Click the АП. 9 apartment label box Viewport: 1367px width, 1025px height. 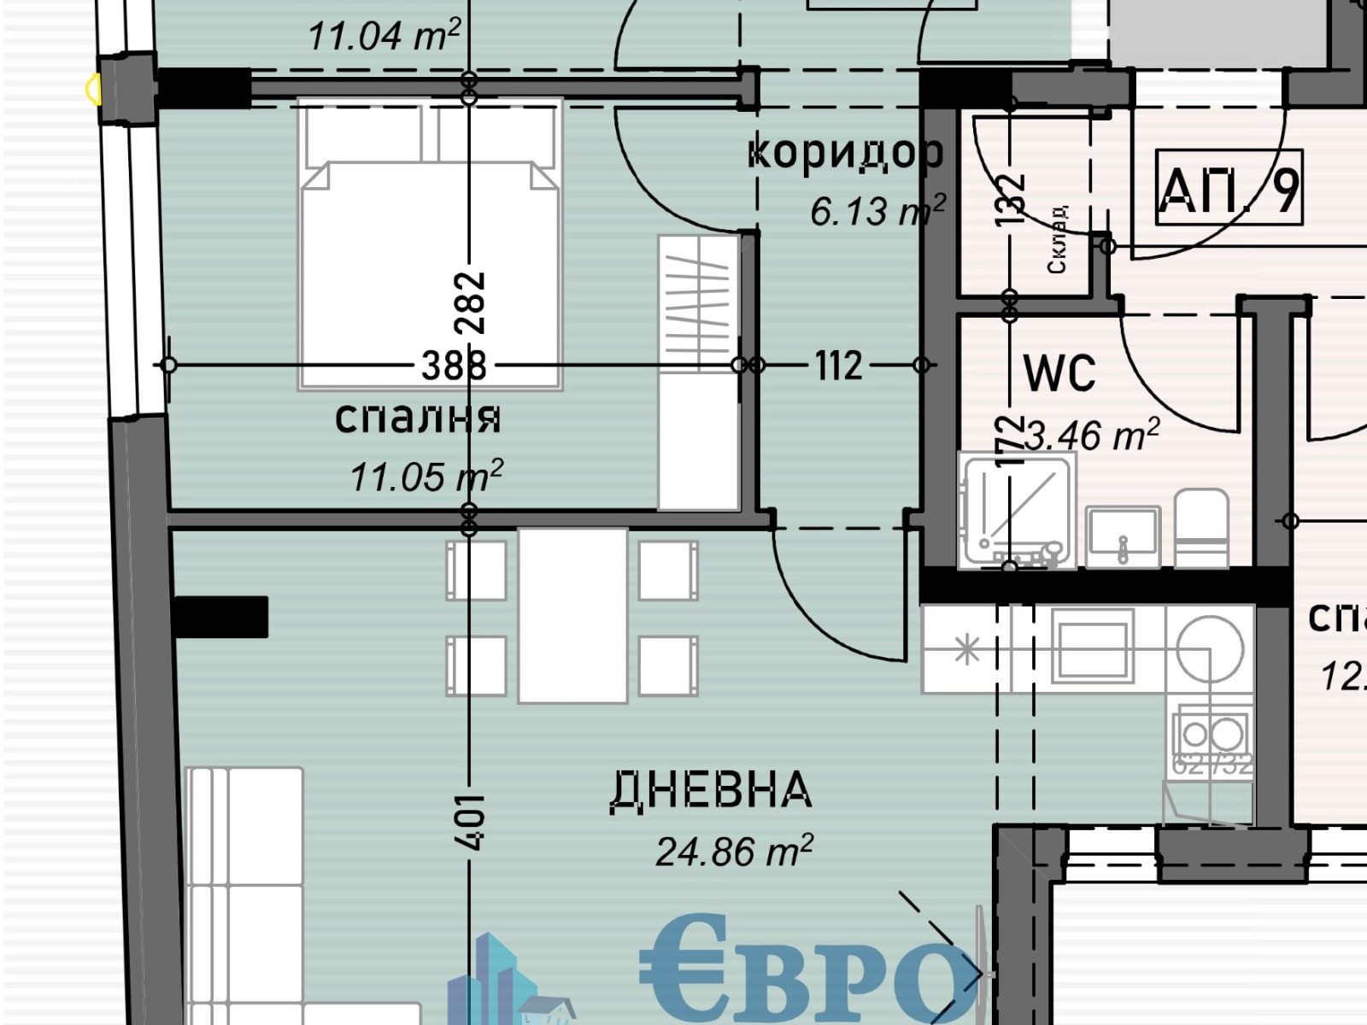click(1228, 188)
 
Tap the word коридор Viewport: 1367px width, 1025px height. click(845, 152)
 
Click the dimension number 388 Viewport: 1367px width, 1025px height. click(454, 366)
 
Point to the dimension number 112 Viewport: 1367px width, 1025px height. click(838, 366)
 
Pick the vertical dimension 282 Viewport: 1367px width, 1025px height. click(470, 302)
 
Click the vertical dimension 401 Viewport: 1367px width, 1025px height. click(470, 822)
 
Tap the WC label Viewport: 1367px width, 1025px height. click(1059, 372)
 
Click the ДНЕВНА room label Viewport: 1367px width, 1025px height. click(711, 790)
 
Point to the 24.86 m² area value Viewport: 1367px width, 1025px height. click(734, 852)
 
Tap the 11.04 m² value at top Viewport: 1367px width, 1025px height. click(384, 36)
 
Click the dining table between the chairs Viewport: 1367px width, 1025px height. click(572, 615)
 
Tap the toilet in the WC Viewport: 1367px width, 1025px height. click(1200, 528)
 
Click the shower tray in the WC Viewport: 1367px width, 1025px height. click(1017, 510)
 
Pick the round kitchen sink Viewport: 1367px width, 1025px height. click(1210, 647)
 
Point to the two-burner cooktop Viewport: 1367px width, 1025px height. click(1212, 734)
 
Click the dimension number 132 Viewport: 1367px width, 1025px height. click(1010, 200)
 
